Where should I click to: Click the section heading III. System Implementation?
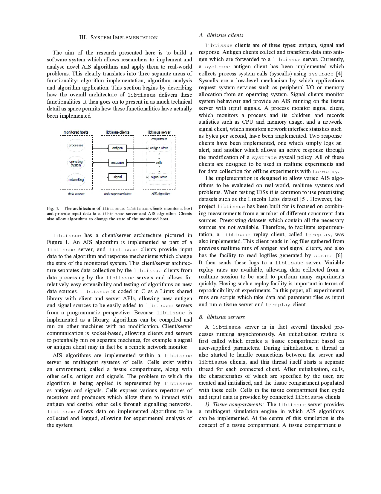coord(118,37)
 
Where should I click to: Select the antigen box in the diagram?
coord(117,148)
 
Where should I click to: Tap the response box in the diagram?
coord(117,163)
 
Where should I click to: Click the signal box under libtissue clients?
coord(117,177)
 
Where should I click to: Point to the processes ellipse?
coord(76,146)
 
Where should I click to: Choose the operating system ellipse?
coord(76,163)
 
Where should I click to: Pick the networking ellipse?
coord(76,180)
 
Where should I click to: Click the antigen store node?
coord(159,148)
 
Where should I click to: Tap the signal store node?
coord(159,177)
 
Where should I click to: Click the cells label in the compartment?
coord(159,163)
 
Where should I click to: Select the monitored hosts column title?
coord(76,132)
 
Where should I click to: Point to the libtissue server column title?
coord(159,132)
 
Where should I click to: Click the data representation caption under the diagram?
coord(117,194)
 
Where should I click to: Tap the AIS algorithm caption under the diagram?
coord(161,194)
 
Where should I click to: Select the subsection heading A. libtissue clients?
coord(221,35)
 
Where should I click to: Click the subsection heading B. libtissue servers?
coord(221,317)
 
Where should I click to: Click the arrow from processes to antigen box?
coord(100,148)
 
